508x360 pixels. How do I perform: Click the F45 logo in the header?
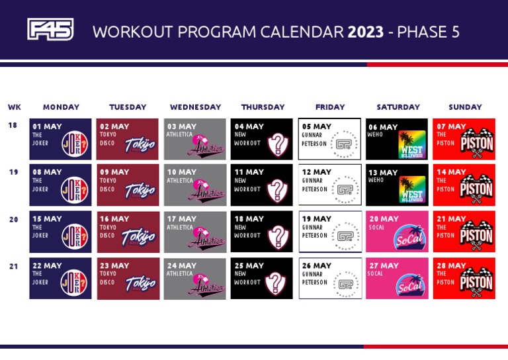click(50, 30)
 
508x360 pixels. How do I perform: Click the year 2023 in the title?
click(366, 32)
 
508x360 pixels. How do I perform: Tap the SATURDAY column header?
click(398, 107)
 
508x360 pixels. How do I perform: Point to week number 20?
click(14, 220)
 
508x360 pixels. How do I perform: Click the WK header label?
click(15, 107)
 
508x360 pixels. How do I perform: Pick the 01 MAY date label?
click(48, 126)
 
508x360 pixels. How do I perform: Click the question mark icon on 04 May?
click(278, 144)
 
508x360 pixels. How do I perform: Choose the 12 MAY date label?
click(317, 172)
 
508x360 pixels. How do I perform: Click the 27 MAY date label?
click(384, 265)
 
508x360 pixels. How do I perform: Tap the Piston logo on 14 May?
click(476, 190)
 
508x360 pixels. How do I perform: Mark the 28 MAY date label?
click(451, 265)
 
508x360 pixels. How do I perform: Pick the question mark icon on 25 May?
click(276, 283)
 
